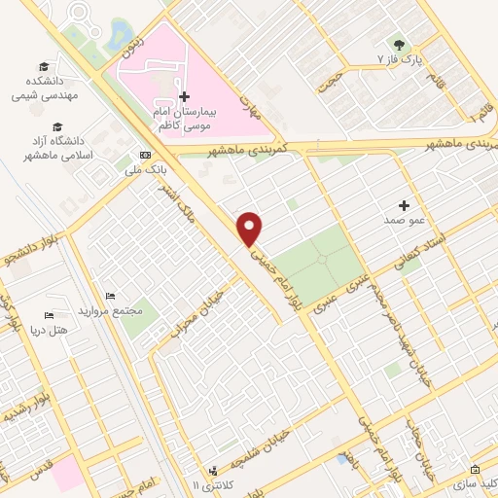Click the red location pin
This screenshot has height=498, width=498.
click(x=251, y=228)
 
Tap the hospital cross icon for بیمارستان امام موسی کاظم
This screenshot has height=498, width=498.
click(x=185, y=97)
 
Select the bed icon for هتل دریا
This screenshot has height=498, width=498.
click(x=49, y=316)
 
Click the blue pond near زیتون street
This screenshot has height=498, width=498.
click(x=122, y=35)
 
